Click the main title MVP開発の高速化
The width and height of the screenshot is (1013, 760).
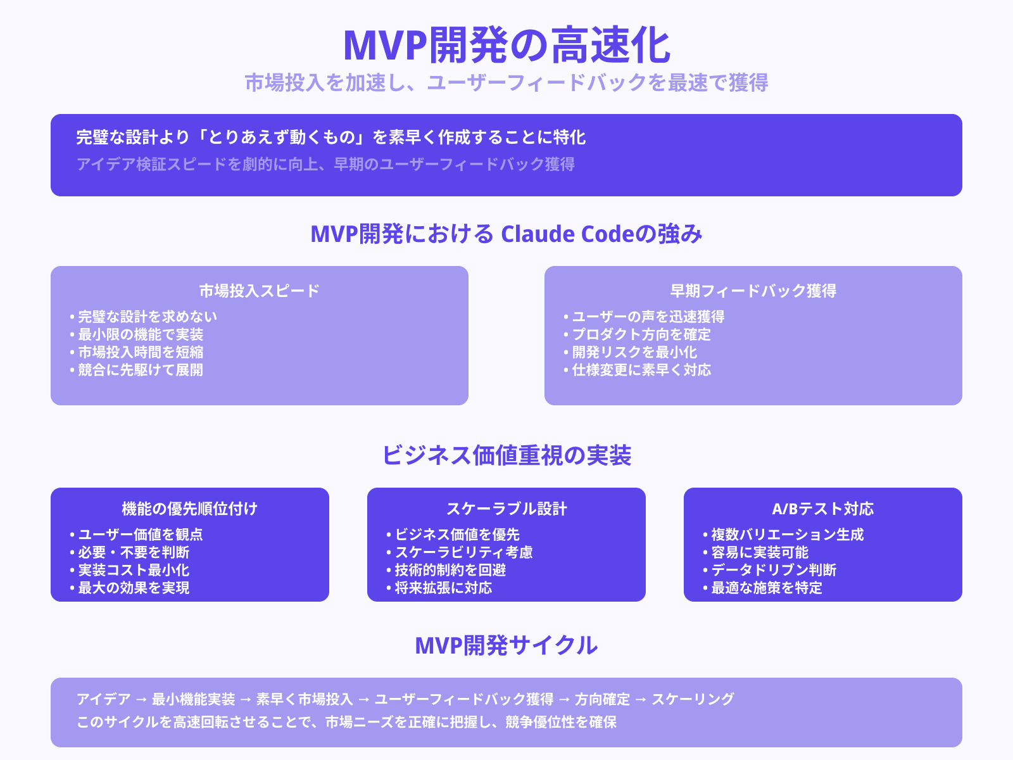click(x=507, y=46)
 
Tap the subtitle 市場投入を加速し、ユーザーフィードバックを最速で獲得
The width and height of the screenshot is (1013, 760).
click(x=507, y=83)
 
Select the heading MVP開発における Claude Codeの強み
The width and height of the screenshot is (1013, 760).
click(x=507, y=234)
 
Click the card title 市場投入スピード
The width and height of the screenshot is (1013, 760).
click(x=259, y=291)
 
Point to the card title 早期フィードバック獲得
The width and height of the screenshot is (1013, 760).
click(x=753, y=291)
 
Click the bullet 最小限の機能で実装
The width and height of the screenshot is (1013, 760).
click(x=140, y=334)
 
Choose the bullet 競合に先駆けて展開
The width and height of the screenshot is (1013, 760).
click(x=140, y=370)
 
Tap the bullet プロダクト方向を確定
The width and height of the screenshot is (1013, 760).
click(x=641, y=334)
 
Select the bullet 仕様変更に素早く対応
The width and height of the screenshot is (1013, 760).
click(x=641, y=370)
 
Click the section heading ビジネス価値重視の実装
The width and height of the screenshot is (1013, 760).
click(x=507, y=455)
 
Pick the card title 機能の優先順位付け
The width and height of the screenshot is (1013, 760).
click(x=189, y=509)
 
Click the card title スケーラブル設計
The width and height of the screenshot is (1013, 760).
click(x=507, y=509)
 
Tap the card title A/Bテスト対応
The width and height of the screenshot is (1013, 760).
click(x=822, y=509)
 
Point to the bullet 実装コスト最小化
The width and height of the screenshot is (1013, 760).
click(x=133, y=570)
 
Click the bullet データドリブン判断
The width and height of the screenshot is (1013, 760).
click(x=773, y=570)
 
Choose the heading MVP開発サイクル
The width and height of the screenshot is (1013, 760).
click(x=507, y=645)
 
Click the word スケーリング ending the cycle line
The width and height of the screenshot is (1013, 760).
click(x=693, y=699)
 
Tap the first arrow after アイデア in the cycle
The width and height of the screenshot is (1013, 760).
click(x=141, y=700)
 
